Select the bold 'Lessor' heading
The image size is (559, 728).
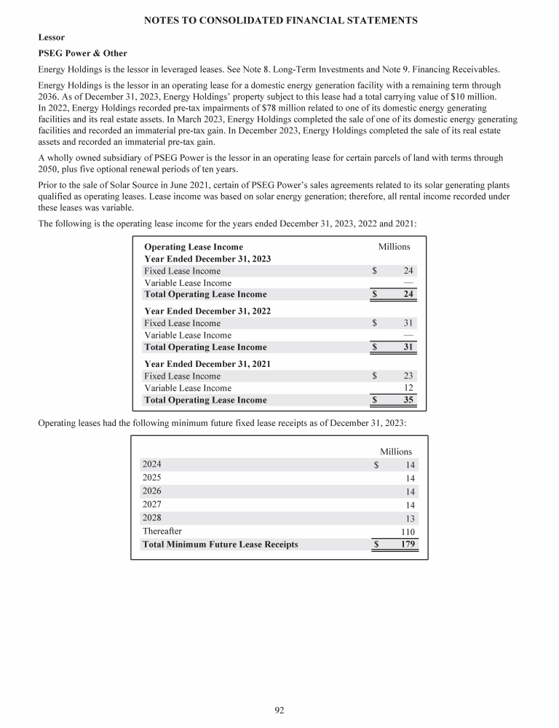[50, 37]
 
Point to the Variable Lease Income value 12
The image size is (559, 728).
[408, 388]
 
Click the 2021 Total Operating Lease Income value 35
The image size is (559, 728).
[408, 400]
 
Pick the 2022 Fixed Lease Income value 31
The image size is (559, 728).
[408, 323]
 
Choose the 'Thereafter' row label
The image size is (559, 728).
[162, 531]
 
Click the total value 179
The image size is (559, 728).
[406, 545]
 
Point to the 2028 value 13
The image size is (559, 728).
[410, 519]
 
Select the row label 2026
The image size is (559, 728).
[152, 491]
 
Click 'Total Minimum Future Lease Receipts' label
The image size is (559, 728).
[220, 544]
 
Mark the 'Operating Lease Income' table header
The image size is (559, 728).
[194, 247]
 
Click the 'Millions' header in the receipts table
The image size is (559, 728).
[396, 451]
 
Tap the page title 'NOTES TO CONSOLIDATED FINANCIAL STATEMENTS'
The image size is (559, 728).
[279, 21]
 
